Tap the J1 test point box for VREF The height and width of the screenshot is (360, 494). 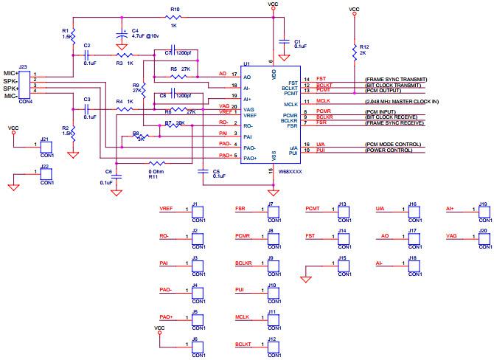click(195, 212)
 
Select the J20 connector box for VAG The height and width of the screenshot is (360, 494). click(484, 238)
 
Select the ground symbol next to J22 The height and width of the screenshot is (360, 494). click(13, 187)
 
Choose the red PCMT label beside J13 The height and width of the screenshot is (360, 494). click(312, 210)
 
